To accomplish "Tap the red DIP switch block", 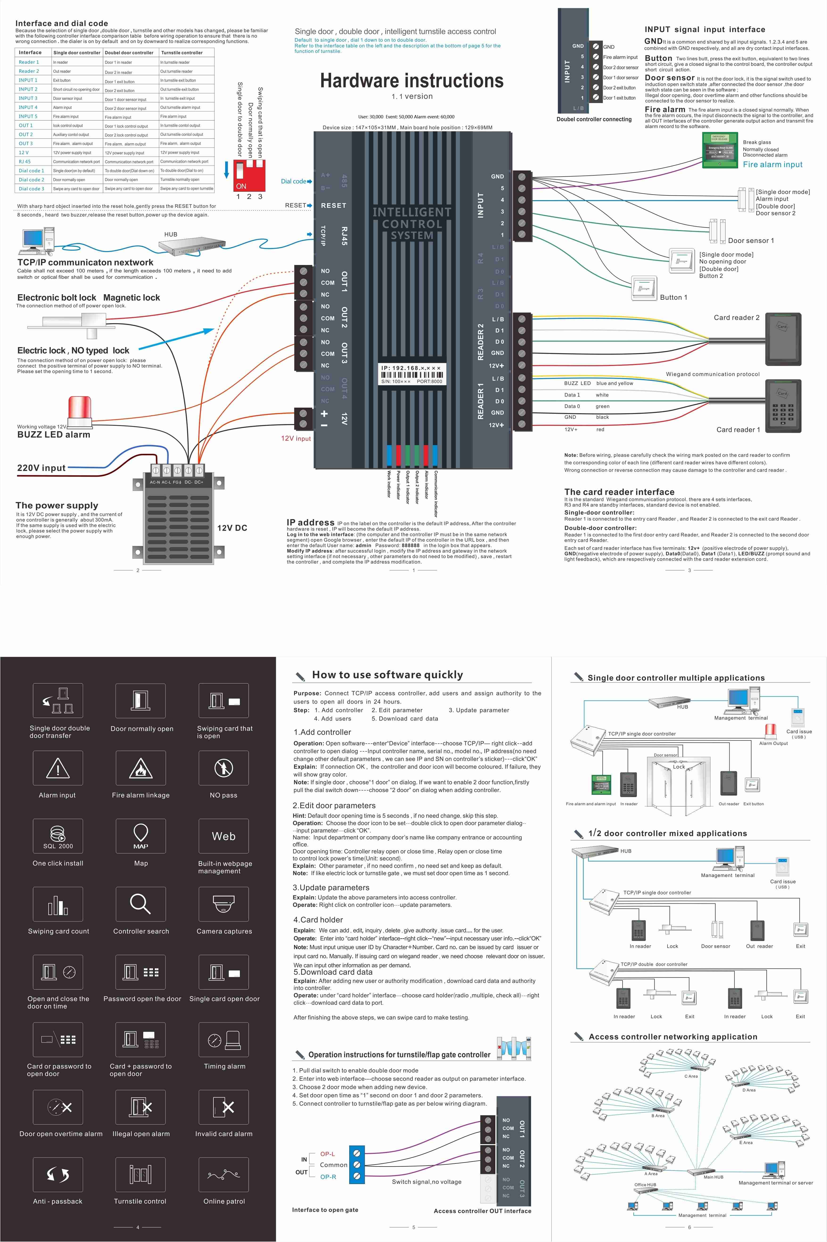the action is pyautogui.click(x=249, y=174).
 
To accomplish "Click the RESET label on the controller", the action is pyautogui.click(x=333, y=205).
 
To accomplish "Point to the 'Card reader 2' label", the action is pyautogui.click(x=736, y=318).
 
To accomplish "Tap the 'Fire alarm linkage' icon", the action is pyautogui.click(x=140, y=768).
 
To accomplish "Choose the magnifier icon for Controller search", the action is pyautogui.click(x=140, y=904).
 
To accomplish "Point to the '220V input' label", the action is pyautogui.click(x=42, y=468).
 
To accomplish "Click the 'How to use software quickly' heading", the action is pyautogui.click(x=388, y=675).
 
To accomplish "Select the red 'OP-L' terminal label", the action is pyautogui.click(x=328, y=1154).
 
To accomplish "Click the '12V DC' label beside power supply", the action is pyautogui.click(x=232, y=528).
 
